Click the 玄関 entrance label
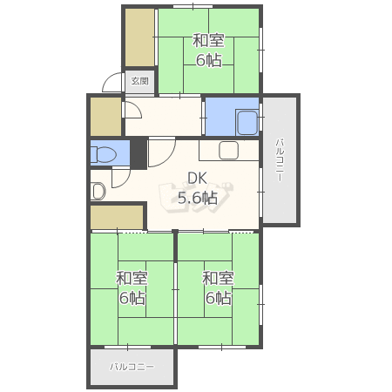pyautogui.click(x=140, y=81)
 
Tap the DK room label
pyautogui.click(x=198, y=178)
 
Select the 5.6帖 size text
pyautogui.click(x=198, y=198)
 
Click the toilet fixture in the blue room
pyautogui.click(x=104, y=154)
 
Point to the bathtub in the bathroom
pyautogui.click(x=247, y=122)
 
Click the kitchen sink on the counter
pyautogui.click(x=229, y=151)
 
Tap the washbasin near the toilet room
pyautogui.click(x=98, y=192)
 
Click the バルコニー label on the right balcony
pyautogui.click(x=280, y=160)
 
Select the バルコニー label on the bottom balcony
pyautogui.click(x=132, y=367)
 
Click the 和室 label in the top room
pyautogui.click(x=208, y=40)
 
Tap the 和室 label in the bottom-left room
pyautogui.click(x=132, y=278)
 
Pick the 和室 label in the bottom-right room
pyautogui.click(x=218, y=278)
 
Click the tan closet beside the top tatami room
pyautogui.click(x=139, y=37)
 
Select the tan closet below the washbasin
pyautogui.click(x=117, y=217)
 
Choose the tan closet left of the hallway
pyautogui.click(x=106, y=117)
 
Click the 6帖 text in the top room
pyautogui.click(x=209, y=60)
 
